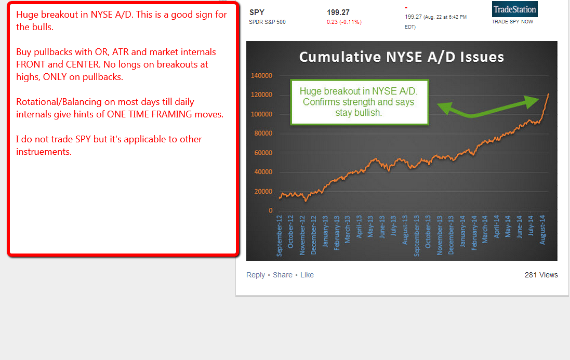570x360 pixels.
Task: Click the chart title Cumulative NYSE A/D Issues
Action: pos(401,57)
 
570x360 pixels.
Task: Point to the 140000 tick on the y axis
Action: pos(261,75)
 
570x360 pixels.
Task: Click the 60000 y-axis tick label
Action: pos(263,153)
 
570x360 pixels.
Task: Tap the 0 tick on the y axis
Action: pos(271,210)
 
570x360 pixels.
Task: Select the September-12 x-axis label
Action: pos(279,236)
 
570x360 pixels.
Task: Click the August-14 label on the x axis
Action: pos(542,230)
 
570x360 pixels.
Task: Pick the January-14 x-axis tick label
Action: pos(462,231)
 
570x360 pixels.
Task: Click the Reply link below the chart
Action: pos(256,275)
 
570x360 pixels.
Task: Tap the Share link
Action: pos(283,275)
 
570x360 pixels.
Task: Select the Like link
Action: pos(307,275)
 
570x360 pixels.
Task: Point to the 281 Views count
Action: pos(541,275)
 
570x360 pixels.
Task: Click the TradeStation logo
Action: pos(514,9)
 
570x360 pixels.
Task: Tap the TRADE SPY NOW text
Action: pos(512,22)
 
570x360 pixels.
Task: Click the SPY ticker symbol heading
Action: pos(257,12)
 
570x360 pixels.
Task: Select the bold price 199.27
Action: pos(338,12)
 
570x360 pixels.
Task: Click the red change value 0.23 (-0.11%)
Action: pos(344,22)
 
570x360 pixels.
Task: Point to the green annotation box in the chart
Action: pos(360,102)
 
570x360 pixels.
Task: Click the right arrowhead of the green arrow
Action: pos(533,101)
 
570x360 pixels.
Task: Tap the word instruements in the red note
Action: pos(44,152)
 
